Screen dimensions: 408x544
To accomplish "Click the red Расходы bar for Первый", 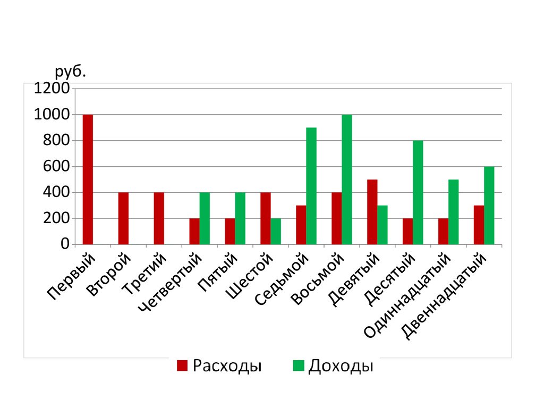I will [x=88, y=180].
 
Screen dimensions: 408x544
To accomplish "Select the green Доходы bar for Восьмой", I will [x=347, y=180].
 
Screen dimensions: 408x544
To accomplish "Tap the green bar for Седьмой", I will [x=311, y=186].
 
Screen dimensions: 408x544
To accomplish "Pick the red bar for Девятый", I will [x=372, y=212].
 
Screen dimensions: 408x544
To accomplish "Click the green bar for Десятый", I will [x=418, y=192].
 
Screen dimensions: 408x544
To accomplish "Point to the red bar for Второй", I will [x=123, y=218].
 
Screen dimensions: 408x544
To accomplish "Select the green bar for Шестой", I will [x=276, y=232].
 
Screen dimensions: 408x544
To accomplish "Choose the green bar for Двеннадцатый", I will [x=489, y=206].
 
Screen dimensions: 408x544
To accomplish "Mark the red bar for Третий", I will [x=159, y=218].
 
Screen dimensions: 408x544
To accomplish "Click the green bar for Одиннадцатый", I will [x=454, y=212].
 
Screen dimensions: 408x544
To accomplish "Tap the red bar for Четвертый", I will [x=194, y=232].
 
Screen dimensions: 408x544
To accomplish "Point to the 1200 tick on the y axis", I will [x=52, y=89].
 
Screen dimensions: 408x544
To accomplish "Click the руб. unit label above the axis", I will [x=70, y=72].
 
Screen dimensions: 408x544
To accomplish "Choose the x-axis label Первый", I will [x=72, y=277].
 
